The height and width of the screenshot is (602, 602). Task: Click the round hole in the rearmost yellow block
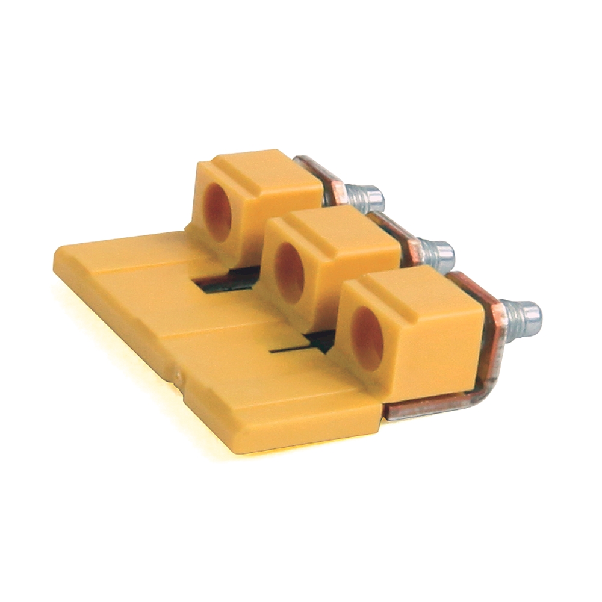[218, 213]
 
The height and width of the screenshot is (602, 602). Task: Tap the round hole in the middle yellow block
[290, 272]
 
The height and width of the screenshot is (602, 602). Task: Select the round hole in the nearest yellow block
[367, 338]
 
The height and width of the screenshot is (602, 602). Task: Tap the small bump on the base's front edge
[179, 377]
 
